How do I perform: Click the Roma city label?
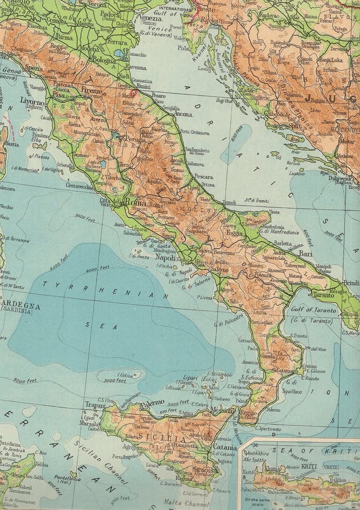tap(135, 202)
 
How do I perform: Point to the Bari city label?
tap(306, 253)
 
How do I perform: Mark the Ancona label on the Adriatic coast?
tap(183, 114)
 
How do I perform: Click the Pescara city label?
tap(204, 176)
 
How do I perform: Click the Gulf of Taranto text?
tap(315, 311)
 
